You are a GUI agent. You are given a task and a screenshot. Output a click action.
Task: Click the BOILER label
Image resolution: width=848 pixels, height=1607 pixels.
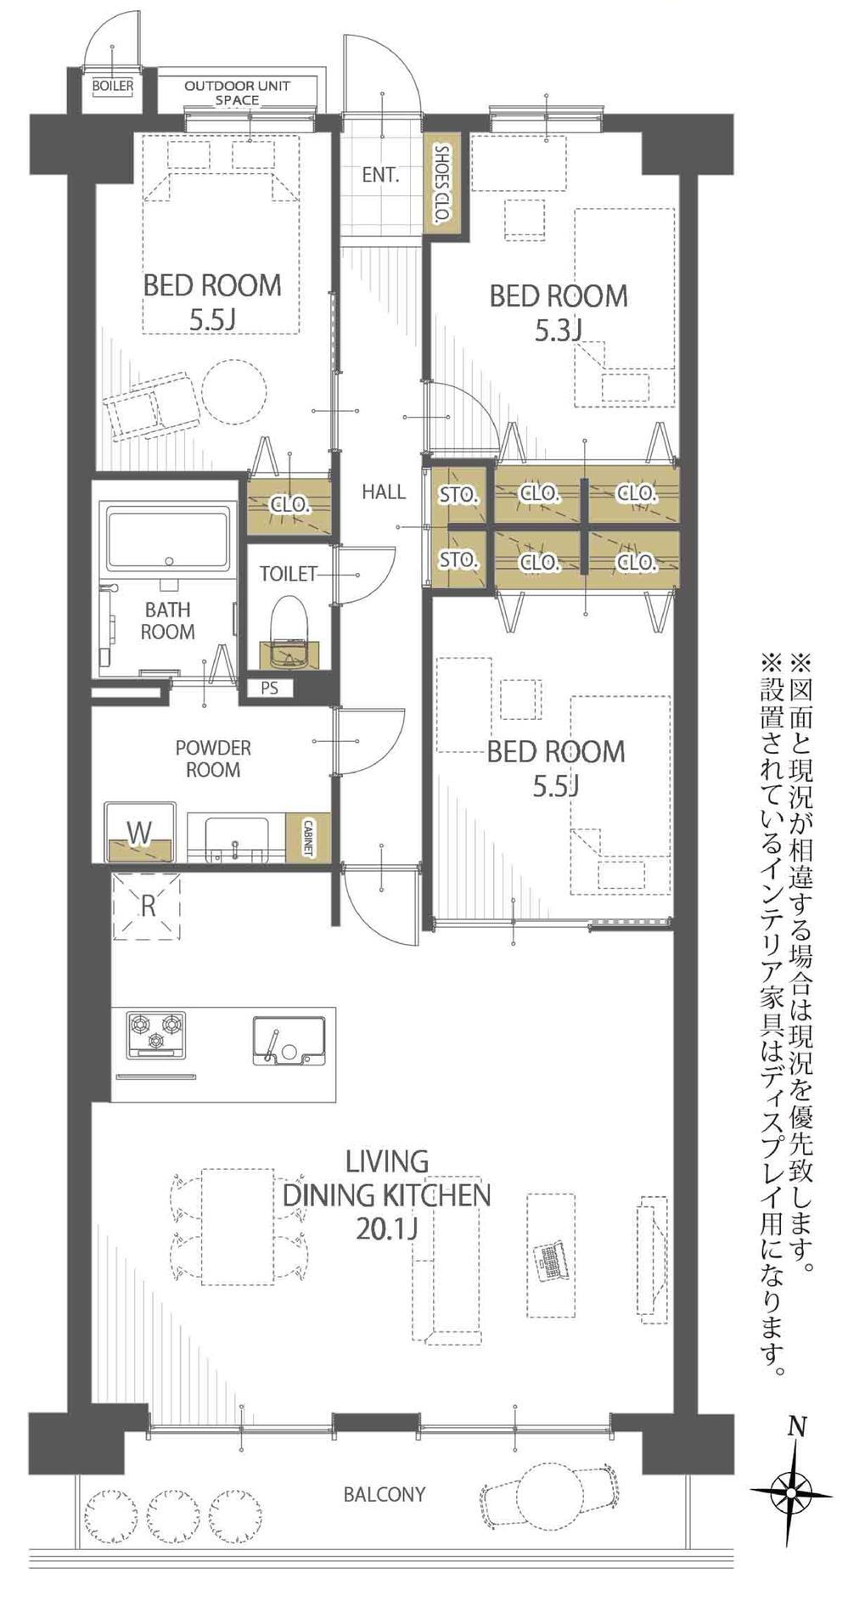coord(112,86)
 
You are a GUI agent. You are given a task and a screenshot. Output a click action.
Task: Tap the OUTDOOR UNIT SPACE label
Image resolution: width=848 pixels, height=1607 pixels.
coord(237,93)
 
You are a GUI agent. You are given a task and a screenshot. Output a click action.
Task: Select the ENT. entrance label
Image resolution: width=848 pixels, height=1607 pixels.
coord(380,175)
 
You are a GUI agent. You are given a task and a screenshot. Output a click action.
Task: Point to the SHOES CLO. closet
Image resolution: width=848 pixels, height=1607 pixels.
coord(441,183)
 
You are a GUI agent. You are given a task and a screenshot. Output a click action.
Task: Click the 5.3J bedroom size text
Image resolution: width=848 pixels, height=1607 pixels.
coord(558,329)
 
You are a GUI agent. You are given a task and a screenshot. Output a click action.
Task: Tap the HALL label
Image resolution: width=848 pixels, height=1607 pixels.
coord(384,492)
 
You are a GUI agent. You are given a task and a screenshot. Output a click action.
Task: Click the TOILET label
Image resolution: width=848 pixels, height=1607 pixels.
coord(288,574)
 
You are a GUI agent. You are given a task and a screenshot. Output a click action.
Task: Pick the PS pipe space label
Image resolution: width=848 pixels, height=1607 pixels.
coord(270,688)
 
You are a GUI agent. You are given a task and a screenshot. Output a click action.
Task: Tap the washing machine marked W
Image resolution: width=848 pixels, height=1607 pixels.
coord(140,833)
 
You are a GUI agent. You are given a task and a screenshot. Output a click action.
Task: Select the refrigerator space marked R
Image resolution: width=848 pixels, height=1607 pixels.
coord(148,905)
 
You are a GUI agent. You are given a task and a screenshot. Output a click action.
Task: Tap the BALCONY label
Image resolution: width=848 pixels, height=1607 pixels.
coord(385,1493)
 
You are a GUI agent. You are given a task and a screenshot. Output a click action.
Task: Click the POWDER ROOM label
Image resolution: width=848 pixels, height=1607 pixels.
coord(213,759)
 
